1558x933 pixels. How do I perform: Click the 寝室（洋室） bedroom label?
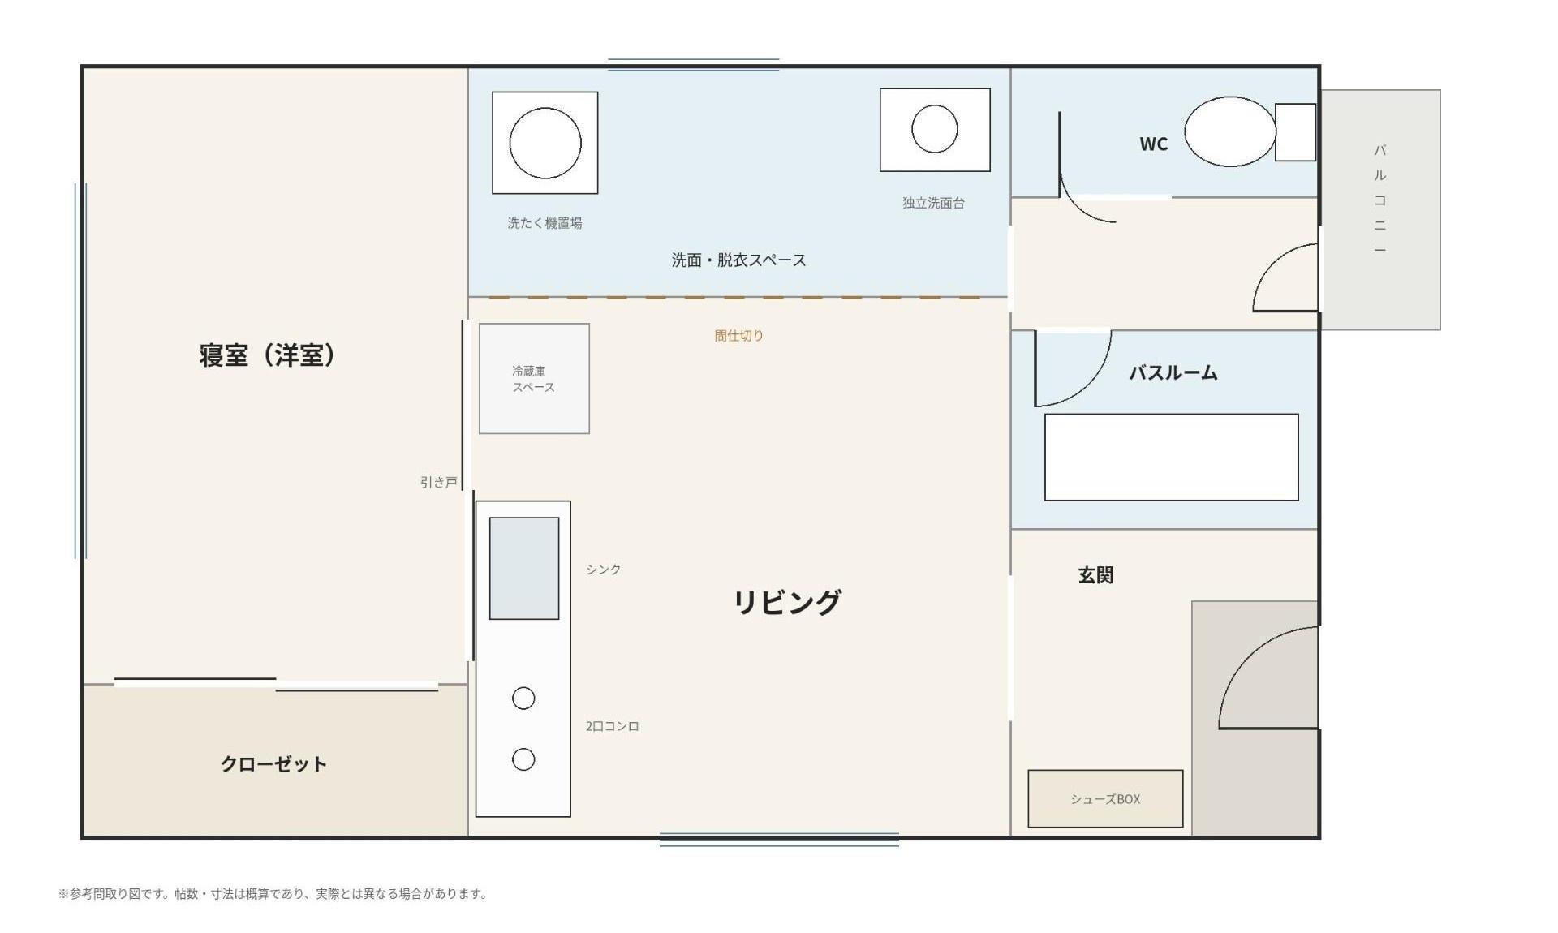267,355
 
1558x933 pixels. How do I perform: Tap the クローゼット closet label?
273,763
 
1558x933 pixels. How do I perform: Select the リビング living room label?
787,602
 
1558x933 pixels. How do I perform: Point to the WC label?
1153,144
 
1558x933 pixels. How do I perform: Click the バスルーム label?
1173,372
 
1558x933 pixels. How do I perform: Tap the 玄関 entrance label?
1095,575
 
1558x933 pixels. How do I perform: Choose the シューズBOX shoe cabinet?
1105,798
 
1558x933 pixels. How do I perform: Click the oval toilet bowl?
1230,131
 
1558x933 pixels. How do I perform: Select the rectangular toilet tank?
1295,132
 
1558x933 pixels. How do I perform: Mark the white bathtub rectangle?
1171,457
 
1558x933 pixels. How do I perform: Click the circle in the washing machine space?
545,143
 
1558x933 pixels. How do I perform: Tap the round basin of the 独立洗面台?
935,128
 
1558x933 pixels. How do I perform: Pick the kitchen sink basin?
524,568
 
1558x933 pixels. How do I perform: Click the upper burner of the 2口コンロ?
523,698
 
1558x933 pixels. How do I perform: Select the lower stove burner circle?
523,759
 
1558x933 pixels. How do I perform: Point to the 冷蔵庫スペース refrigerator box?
534,378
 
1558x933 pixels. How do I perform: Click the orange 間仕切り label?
738,335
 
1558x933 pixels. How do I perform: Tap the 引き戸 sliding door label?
439,482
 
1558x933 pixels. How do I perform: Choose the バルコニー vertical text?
1379,200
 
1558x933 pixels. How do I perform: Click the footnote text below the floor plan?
273,893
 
